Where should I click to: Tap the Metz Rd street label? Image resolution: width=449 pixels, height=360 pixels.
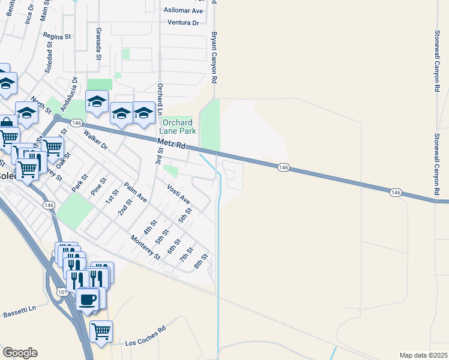(173, 145)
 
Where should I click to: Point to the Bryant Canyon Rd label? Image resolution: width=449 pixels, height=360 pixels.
(212, 58)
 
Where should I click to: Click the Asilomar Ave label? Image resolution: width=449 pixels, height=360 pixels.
(183, 11)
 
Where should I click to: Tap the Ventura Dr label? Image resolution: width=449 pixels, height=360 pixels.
(183, 23)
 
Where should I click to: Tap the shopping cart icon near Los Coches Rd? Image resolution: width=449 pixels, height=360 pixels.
(101, 331)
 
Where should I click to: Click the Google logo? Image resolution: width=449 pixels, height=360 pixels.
(20, 353)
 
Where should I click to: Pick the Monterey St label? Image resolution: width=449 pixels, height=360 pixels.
(146, 247)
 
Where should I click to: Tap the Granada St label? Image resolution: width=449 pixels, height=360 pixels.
(97, 46)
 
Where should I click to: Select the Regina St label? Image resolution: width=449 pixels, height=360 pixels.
(57, 36)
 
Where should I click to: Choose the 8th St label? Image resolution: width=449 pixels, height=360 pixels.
(200, 262)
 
